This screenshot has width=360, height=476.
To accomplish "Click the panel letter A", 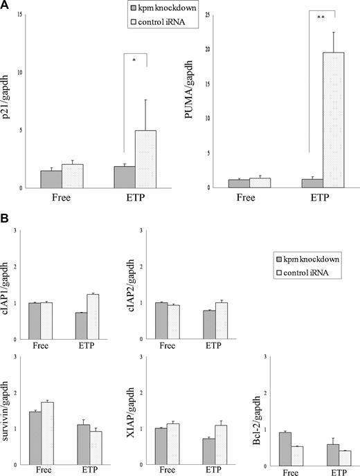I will [x=6, y=6].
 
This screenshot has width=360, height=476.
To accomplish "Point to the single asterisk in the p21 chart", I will [x=134, y=60].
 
